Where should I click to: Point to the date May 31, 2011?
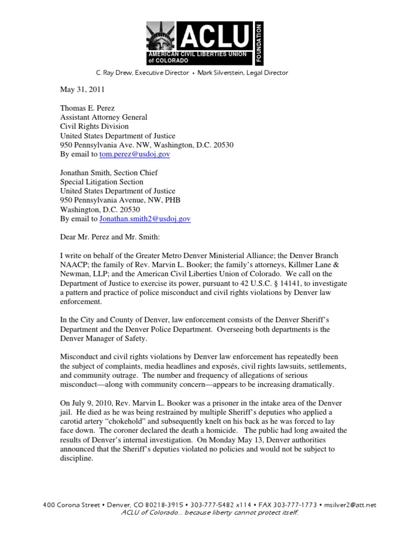(82, 90)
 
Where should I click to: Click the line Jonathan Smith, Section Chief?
(109, 173)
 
